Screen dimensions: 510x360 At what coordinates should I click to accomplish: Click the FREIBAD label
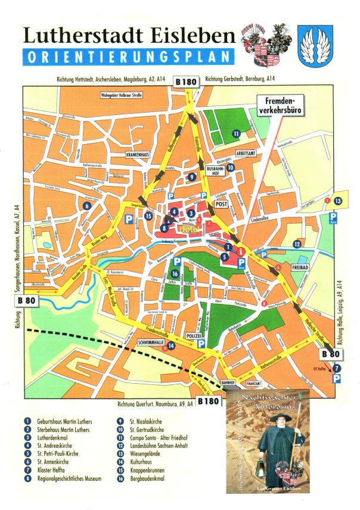299,268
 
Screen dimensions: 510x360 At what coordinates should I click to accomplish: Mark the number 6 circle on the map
87,206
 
